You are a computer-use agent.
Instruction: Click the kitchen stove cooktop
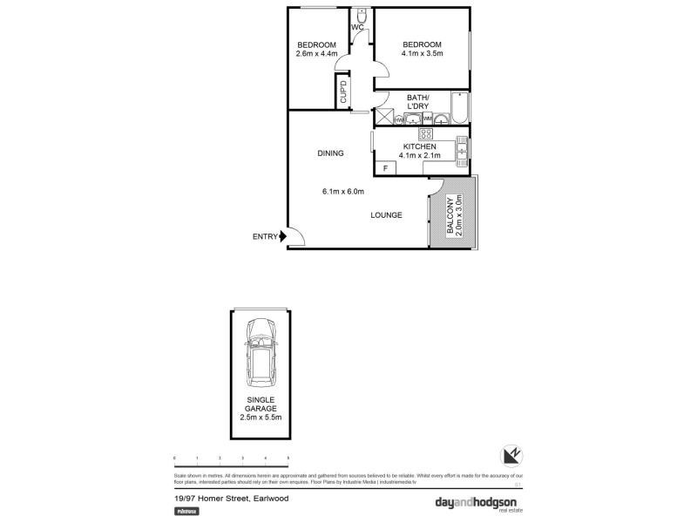[427, 133]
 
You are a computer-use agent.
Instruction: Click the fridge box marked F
[384, 166]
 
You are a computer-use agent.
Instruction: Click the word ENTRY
[265, 236]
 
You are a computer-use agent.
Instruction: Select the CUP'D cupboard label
[343, 92]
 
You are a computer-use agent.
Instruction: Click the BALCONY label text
[450, 216]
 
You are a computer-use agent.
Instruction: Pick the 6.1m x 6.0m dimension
[342, 192]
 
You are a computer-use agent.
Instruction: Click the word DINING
[330, 153]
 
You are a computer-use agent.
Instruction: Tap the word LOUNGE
[386, 214]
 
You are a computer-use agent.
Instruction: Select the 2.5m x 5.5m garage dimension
[261, 418]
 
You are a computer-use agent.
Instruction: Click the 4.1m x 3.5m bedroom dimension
[422, 53]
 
